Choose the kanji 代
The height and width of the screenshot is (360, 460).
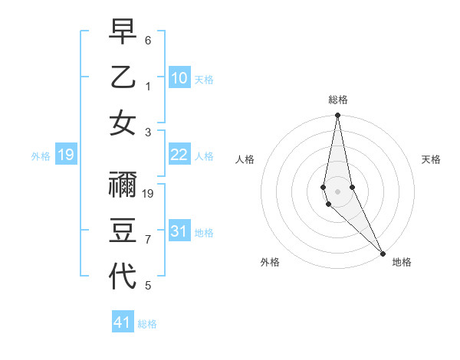[123, 276]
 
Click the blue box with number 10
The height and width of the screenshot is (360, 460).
[179, 77]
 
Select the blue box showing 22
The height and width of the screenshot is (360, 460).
[179, 155]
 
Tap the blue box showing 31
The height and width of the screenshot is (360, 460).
[179, 231]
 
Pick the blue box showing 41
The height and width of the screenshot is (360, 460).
[123, 322]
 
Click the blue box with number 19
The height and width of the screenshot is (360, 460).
[66, 155]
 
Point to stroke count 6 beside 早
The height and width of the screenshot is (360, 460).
[148, 40]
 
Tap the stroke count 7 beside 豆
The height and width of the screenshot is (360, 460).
[148, 240]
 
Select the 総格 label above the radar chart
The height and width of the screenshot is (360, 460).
[338, 100]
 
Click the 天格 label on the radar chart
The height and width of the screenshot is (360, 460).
[432, 159]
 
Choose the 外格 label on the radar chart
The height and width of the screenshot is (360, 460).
[270, 263]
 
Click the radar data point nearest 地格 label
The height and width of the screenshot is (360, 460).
[383, 252]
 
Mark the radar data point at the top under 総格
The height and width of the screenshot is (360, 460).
[338, 116]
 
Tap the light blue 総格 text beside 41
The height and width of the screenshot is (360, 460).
[147, 324]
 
